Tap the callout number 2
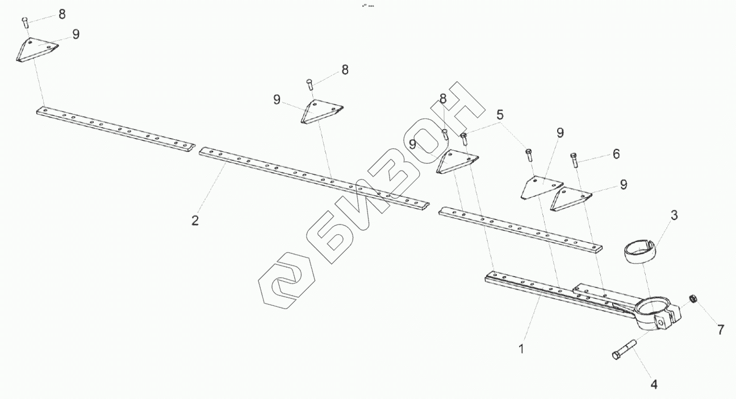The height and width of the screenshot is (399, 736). click(x=195, y=220)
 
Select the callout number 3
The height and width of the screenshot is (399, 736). click(x=674, y=215)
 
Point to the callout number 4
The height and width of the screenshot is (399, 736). click(x=654, y=384)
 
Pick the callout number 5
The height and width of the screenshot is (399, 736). click(x=500, y=114)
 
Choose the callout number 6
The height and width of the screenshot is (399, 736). click(x=616, y=153)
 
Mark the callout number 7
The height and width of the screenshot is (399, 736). click(x=721, y=330)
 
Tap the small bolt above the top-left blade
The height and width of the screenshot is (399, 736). click(x=25, y=22)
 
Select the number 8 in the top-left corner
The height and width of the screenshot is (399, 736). click(x=62, y=14)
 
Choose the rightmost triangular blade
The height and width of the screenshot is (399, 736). click(x=571, y=199)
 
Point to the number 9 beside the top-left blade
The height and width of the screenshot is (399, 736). click(x=76, y=34)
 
